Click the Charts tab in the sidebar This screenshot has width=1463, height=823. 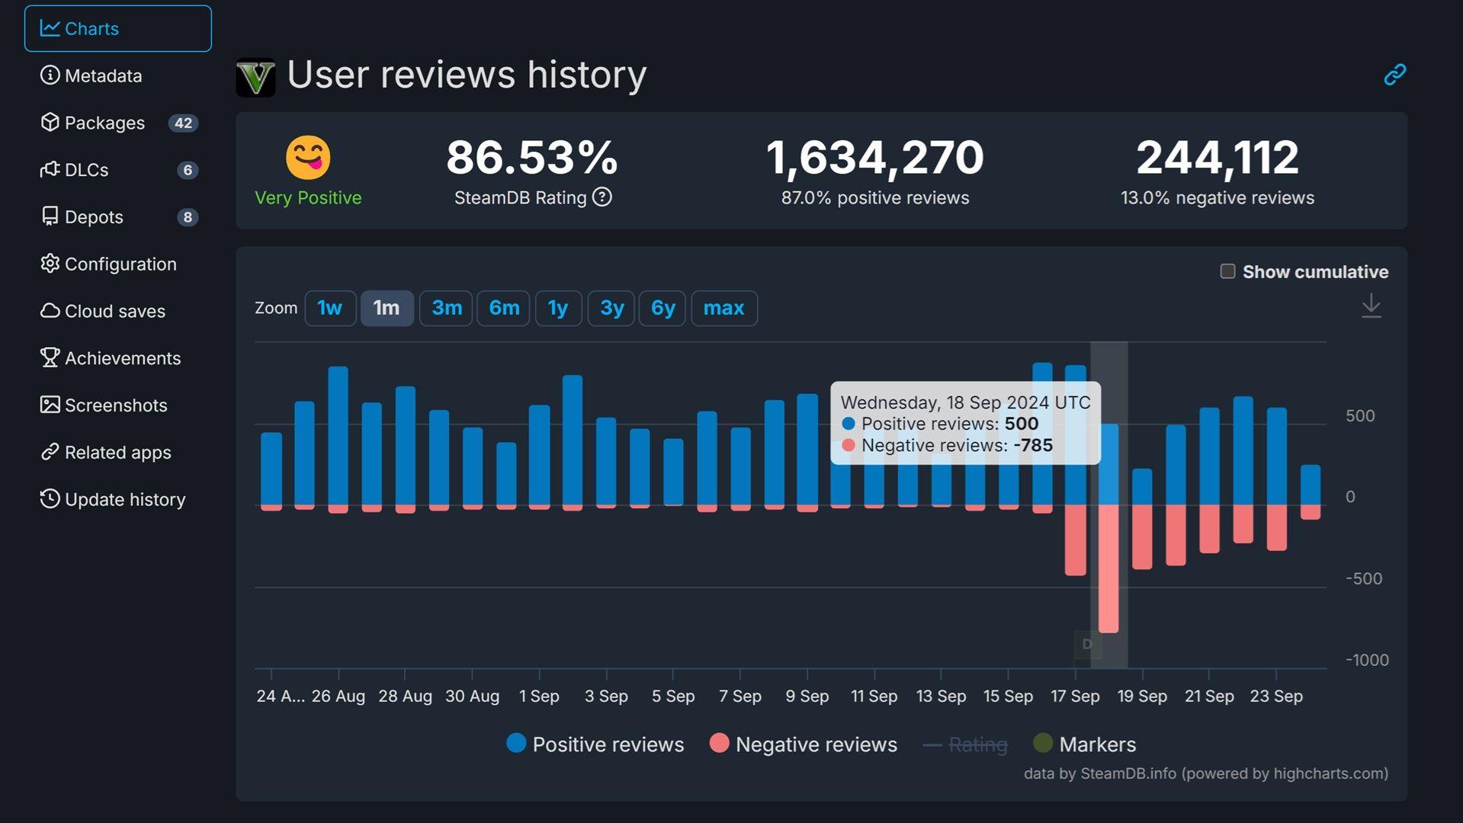coord(117,29)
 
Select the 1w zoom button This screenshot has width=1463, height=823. coord(329,308)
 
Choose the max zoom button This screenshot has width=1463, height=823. coord(723,308)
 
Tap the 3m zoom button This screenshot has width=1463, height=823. coord(446,308)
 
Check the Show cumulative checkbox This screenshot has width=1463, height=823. coord(1227,271)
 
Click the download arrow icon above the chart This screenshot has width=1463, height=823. coord(1371,306)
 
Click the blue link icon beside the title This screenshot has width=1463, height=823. coord(1394,74)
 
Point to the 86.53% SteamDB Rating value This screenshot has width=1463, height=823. coord(531,157)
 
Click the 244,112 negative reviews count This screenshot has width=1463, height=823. coord(1217,157)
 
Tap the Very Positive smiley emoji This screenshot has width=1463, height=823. coord(308,157)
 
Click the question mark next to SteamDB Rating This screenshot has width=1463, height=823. coord(602,197)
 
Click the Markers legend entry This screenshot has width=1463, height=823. coord(1084,744)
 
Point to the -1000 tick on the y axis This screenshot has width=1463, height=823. coord(1366,660)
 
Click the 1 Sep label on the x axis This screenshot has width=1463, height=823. coord(539,696)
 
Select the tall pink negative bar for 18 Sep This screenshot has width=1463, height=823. coord(1108,568)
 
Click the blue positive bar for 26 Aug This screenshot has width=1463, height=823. coord(338,434)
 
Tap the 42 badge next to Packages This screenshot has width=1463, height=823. coord(183,123)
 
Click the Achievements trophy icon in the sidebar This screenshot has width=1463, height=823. coord(50,357)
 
